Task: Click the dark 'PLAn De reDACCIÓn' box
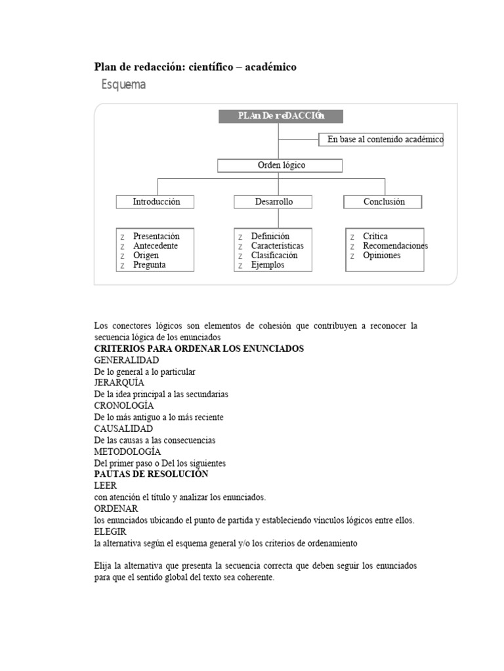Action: [280, 116]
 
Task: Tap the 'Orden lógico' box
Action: [280, 165]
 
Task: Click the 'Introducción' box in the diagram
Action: [156, 202]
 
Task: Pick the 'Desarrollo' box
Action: [274, 202]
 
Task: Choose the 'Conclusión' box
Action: [384, 202]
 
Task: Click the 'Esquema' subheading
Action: [123, 85]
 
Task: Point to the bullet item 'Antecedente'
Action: [155, 246]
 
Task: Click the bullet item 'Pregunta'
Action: [149, 265]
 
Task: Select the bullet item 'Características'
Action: [277, 246]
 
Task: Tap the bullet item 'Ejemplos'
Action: [268, 265]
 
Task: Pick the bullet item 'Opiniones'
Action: [381, 256]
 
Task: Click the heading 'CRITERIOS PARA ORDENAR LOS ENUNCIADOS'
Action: [199, 349]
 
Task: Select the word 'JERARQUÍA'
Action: [119, 383]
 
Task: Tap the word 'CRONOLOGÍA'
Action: [124, 406]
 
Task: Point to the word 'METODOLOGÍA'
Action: [127, 451]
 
